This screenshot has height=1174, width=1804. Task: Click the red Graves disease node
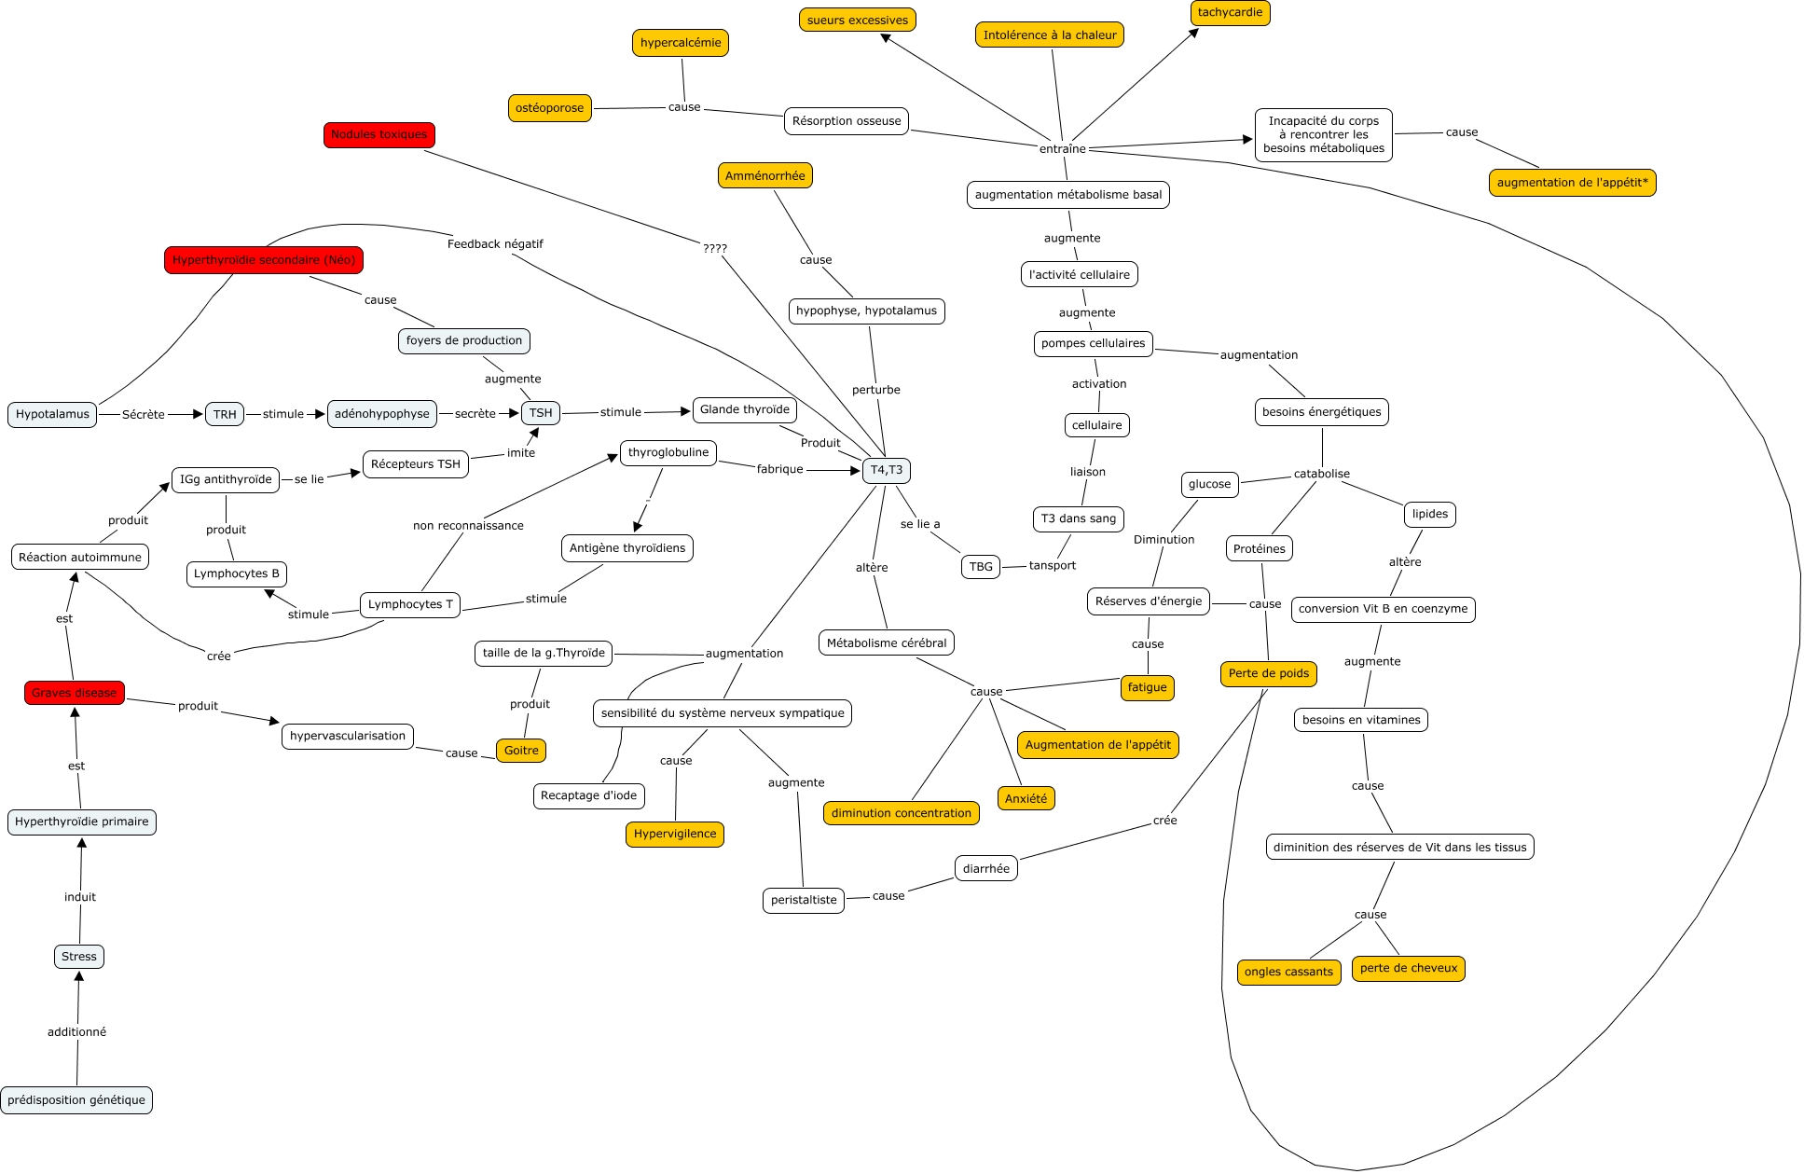pyautogui.click(x=75, y=693)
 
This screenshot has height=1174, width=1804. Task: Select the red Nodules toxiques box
pyautogui.click(x=379, y=134)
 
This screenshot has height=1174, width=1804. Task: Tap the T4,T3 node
pyautogui.click(x=886, y=470)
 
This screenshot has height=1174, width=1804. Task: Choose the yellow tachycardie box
pyautogui.click(x=1230, y=12)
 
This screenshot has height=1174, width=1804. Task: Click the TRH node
pyautogui.click(x=225, y=414)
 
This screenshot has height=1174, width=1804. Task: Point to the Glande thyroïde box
pyautogui.click(x=744, y=409)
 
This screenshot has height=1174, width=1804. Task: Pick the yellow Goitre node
pyautogui.click(x=521, y=751)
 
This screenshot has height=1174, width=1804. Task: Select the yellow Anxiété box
pyautogui.click(x=1026, y=798)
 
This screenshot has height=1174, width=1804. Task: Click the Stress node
pyautogui.click(x=79, y=956)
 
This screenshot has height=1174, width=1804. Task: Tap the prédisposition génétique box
pyautogui.click(x=76, y=1100)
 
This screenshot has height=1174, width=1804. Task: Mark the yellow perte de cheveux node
pyautogui.click(x=1408, y=968)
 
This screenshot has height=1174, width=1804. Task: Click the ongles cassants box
pyautogui.click(x=1288, y=972)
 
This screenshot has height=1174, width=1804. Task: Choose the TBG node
pyautogui.click(x=981, y=566)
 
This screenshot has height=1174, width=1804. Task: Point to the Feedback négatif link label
pyautogui.click(x=495, y=244)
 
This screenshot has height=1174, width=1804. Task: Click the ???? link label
pyautogui.click(x=715, y=249)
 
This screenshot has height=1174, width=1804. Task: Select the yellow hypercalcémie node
pyautogui.click(x=681, y=43)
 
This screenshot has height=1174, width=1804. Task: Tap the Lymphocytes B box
pyautogui.click(x=237, y=573)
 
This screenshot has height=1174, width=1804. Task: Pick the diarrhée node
pyautogui.click(x=985, y=868)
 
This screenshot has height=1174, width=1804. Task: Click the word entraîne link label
pyautogui.click(x=1063, y=149)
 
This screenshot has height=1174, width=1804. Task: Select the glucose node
pyautogui.click(x=1209, y=484)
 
